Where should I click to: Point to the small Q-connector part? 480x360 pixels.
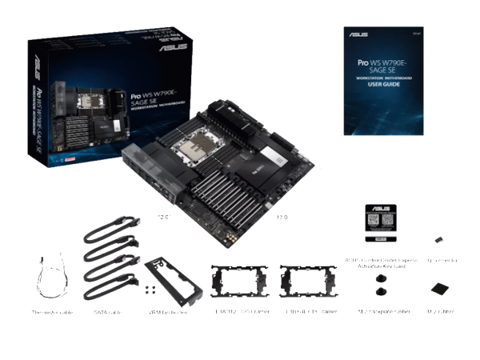pos(439,238)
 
